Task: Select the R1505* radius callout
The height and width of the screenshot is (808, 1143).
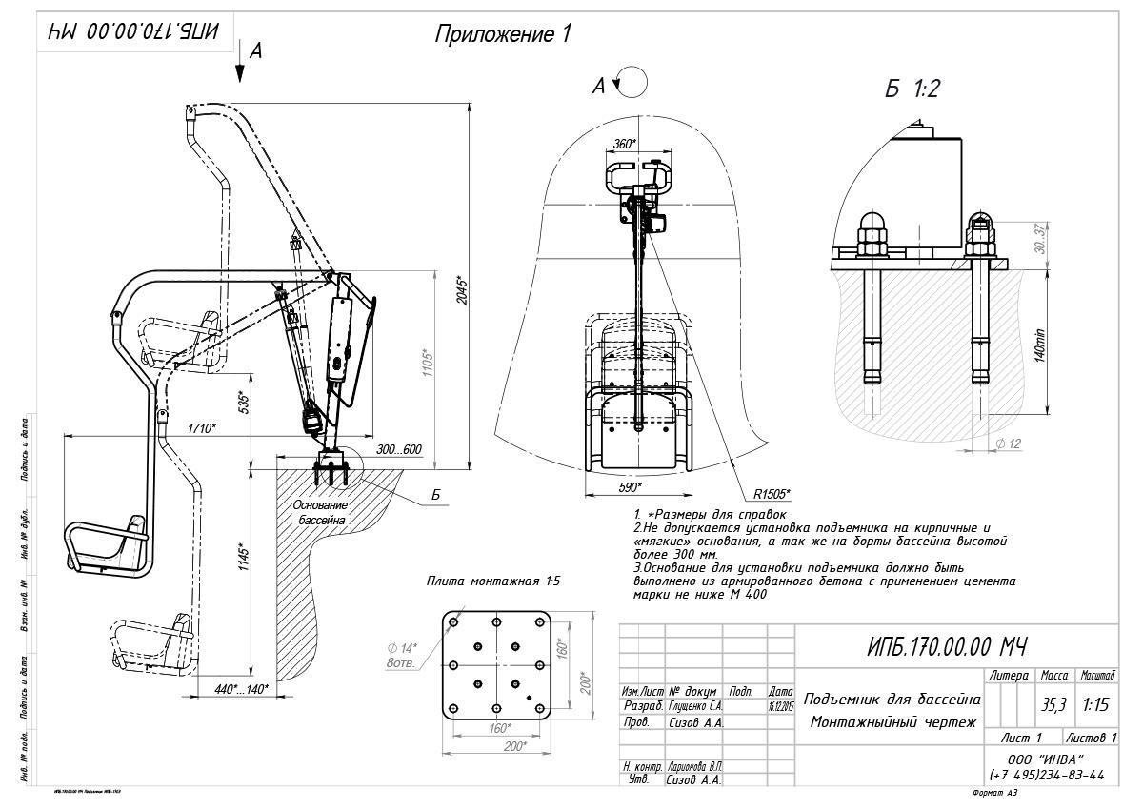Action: coord(772,494)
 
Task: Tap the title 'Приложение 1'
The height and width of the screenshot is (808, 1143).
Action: coord(503,35)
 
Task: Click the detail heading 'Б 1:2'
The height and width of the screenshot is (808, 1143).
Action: coord(912,89)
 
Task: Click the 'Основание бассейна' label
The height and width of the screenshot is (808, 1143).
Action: coord(320,513)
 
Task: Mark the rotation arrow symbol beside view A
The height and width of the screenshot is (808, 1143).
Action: coord(631,83)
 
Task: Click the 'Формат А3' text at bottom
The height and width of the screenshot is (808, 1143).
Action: coord(995,792)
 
